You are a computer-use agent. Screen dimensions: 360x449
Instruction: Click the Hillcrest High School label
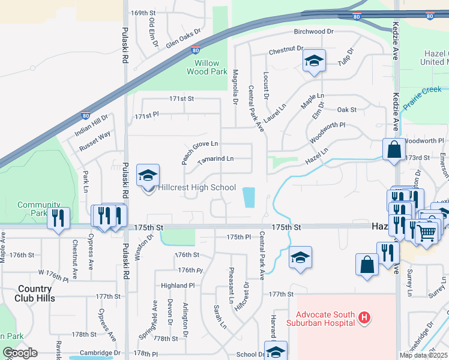197,188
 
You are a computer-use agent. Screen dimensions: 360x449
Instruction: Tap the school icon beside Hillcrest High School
148,176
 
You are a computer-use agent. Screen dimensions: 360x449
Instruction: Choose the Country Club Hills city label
28,293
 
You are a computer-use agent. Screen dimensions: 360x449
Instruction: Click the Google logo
20,353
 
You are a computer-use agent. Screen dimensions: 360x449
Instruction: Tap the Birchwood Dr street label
313,31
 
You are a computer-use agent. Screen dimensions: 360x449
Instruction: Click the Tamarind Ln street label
214,158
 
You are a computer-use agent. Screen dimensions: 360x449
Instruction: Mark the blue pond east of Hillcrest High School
249,197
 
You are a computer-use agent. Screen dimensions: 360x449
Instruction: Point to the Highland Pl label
174,286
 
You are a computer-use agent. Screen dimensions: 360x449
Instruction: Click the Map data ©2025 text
423,355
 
